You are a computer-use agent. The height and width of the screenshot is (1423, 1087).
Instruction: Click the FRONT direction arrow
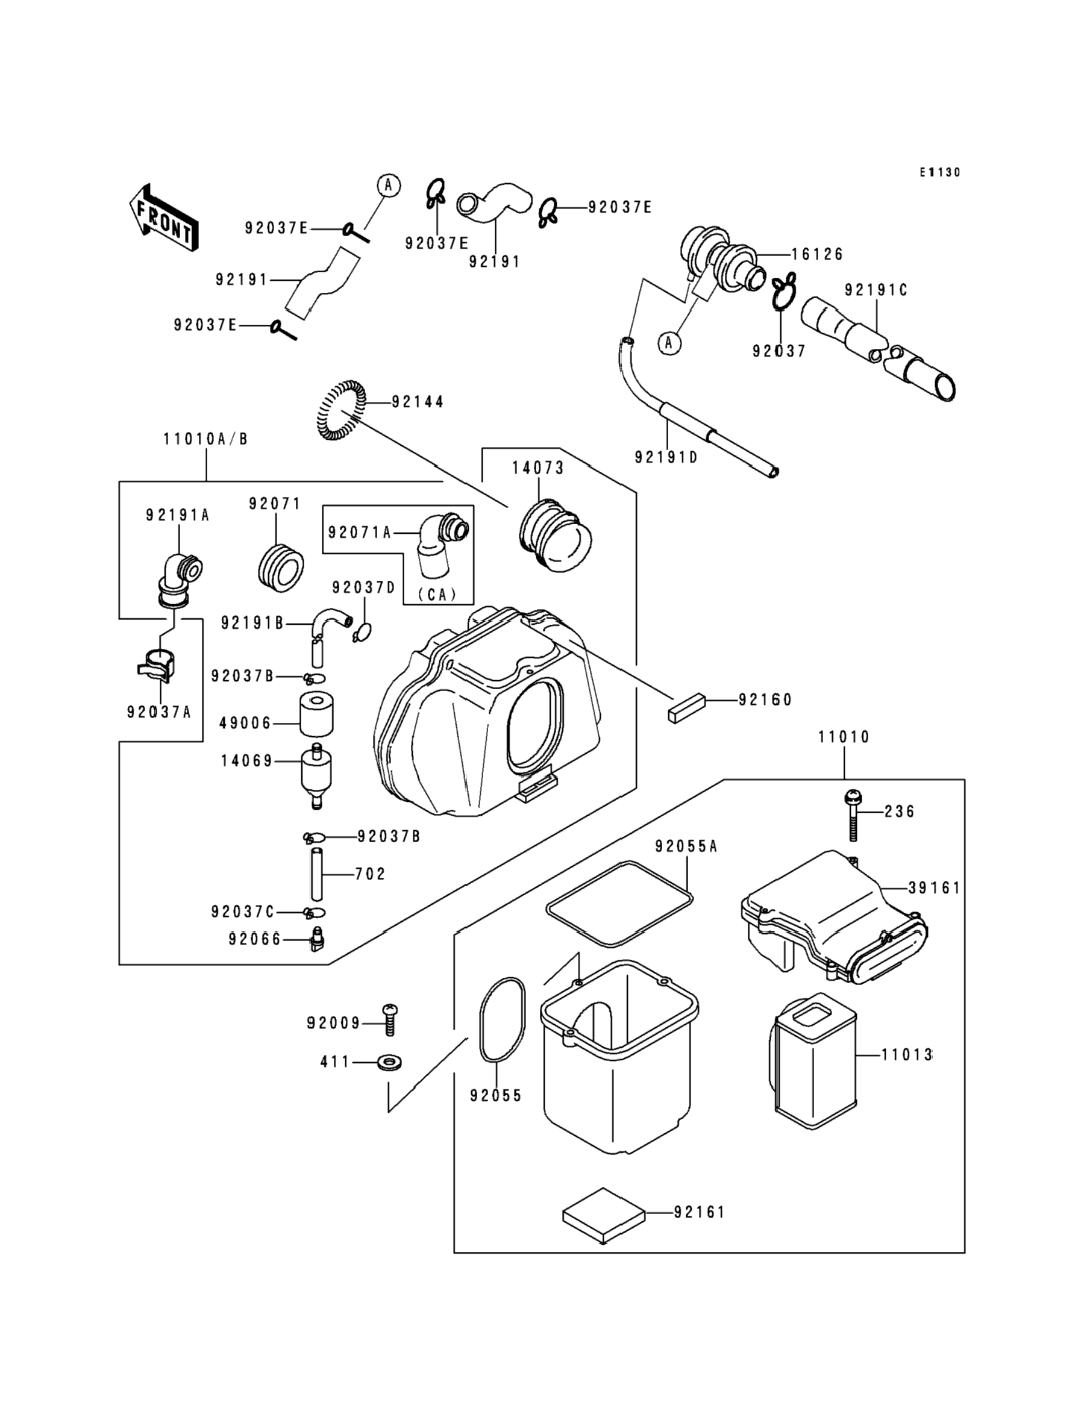coord(164,218)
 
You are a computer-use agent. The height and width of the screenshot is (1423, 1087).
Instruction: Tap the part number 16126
coord(817,254)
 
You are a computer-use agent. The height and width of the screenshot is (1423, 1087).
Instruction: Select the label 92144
coord(418,402)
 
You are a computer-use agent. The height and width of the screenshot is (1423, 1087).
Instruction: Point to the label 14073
coord(538,468)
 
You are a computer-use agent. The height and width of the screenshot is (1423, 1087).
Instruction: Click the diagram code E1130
coord(940,172)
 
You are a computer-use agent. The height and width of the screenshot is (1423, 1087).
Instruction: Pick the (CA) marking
coord(437,594)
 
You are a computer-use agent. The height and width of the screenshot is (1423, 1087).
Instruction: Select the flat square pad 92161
coord(604,1215)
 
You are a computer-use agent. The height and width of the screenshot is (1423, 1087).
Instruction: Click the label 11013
coord(906,1055)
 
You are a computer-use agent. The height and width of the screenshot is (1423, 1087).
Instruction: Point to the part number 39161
coord(935,888)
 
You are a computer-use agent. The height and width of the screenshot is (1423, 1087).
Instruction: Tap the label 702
coord(370,875)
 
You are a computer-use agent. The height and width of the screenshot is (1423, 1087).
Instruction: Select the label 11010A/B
coord(205,439)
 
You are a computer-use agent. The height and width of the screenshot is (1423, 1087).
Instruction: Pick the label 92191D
coord(666,457)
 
